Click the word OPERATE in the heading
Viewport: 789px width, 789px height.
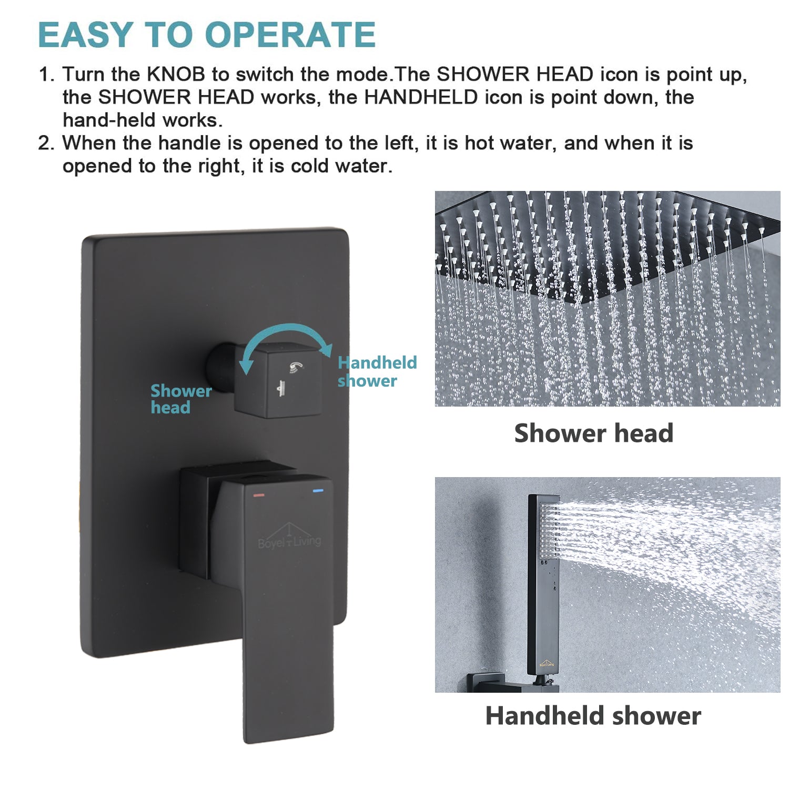290,35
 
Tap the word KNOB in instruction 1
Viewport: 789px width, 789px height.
176,74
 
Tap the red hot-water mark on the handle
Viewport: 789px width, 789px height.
259,495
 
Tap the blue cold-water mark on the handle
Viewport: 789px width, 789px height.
318,491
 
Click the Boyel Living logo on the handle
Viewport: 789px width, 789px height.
289,537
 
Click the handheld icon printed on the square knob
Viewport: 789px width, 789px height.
297,367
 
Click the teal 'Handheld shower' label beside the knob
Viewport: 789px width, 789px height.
376,371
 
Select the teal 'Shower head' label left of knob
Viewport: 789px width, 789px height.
180,399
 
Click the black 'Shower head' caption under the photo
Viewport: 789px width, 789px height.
593,433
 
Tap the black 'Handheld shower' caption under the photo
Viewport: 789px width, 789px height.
593,715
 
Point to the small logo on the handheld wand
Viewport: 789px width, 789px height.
546,664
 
